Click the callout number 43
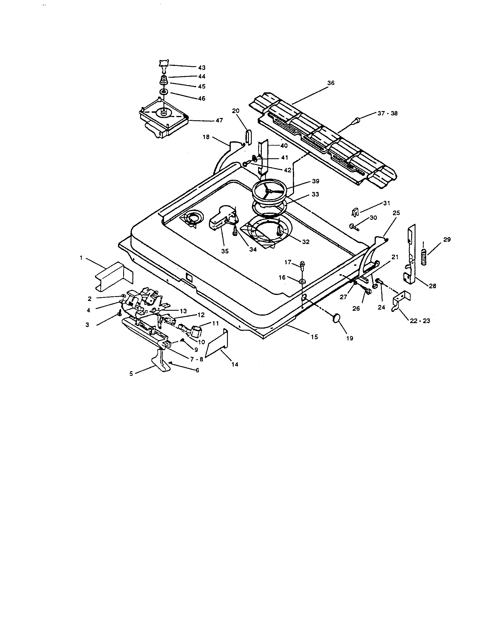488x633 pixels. click(x=202, y=67)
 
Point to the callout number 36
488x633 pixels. click(x=331, y=83)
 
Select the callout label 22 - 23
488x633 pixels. click(x=420, y=321)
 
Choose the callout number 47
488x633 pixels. click(x=219, y=120)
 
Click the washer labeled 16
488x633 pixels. click(x=302, y=281)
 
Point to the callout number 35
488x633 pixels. click(x=225, y=251)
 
